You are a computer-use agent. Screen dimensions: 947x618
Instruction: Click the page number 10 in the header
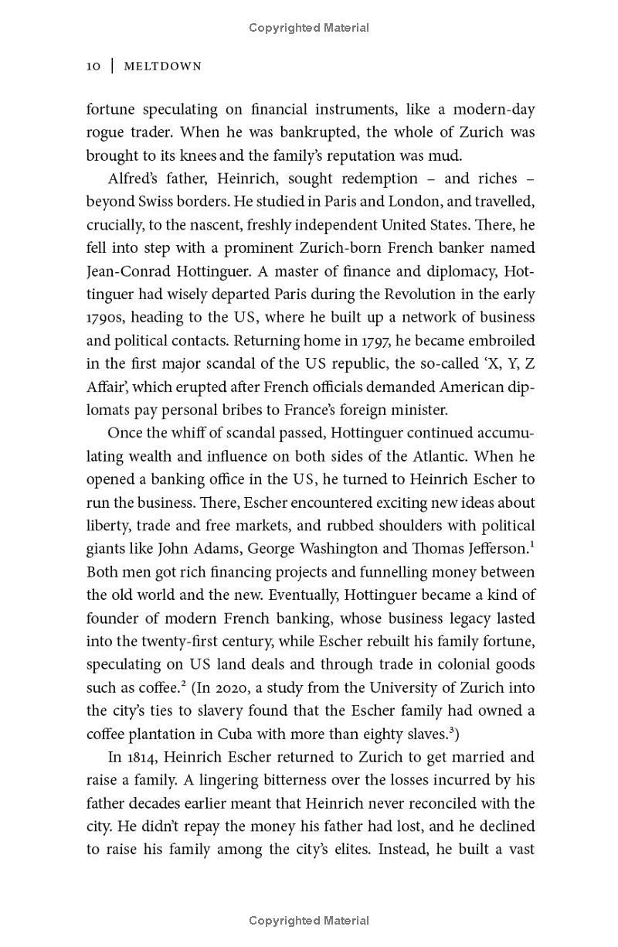click(x=93, y=66)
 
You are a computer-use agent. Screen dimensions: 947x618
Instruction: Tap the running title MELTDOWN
click(x=163, y=66)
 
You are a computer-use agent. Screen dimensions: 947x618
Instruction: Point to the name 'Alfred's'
click(x=134, y=179)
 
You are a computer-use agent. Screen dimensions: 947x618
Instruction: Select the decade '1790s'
click(x=106, y=318)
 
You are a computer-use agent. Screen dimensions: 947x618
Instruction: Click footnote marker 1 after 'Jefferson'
click(x=532, y=545)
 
